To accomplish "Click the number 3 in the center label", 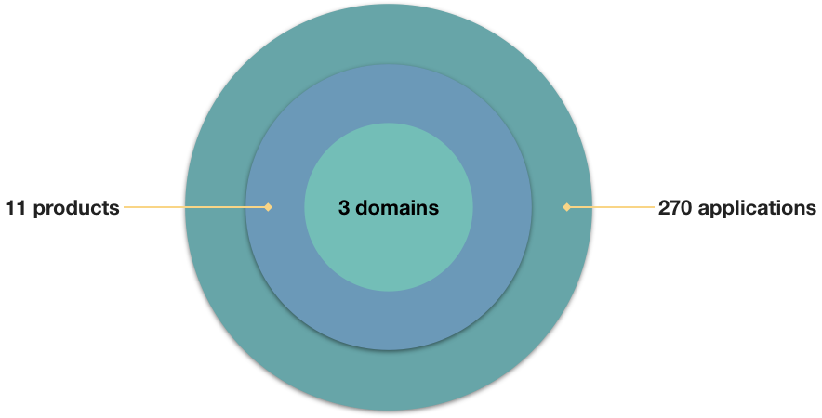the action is [x=344, y=207].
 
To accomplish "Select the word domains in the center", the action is [x=397, y=207].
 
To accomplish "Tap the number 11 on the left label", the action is [x=16, y=208].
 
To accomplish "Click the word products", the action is [x=76, y=208].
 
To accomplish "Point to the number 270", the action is [x=676, y=208].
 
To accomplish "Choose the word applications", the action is [x=758, y=208].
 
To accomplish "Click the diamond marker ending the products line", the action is [x=269, y=207].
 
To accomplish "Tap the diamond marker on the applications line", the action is [x=566, y=207].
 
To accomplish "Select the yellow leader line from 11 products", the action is [x=196, y=207].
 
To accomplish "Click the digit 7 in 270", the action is [x=676, y=208].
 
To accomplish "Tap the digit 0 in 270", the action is [x=687, y=208].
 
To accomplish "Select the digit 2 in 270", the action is [x=664, y=208].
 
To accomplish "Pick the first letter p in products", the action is [x=39, y=211].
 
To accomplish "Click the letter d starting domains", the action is [x=361, y=207].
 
